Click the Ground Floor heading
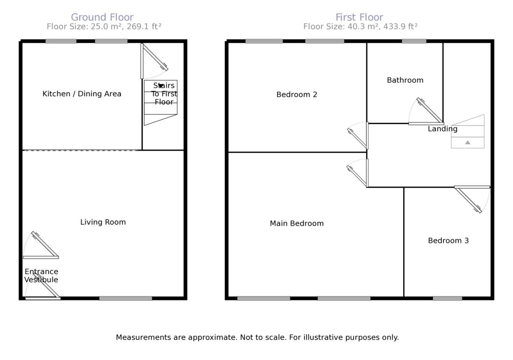102,18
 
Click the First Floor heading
359,18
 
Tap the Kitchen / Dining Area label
82,94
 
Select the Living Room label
103,222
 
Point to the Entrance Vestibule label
41,276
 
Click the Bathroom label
405,80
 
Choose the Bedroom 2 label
297,95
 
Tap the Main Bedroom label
297,224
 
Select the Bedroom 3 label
448,241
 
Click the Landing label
443,129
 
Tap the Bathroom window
414,41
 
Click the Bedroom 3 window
447,298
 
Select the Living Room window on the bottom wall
126,298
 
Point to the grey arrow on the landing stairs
467,142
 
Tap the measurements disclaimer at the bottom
257,338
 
